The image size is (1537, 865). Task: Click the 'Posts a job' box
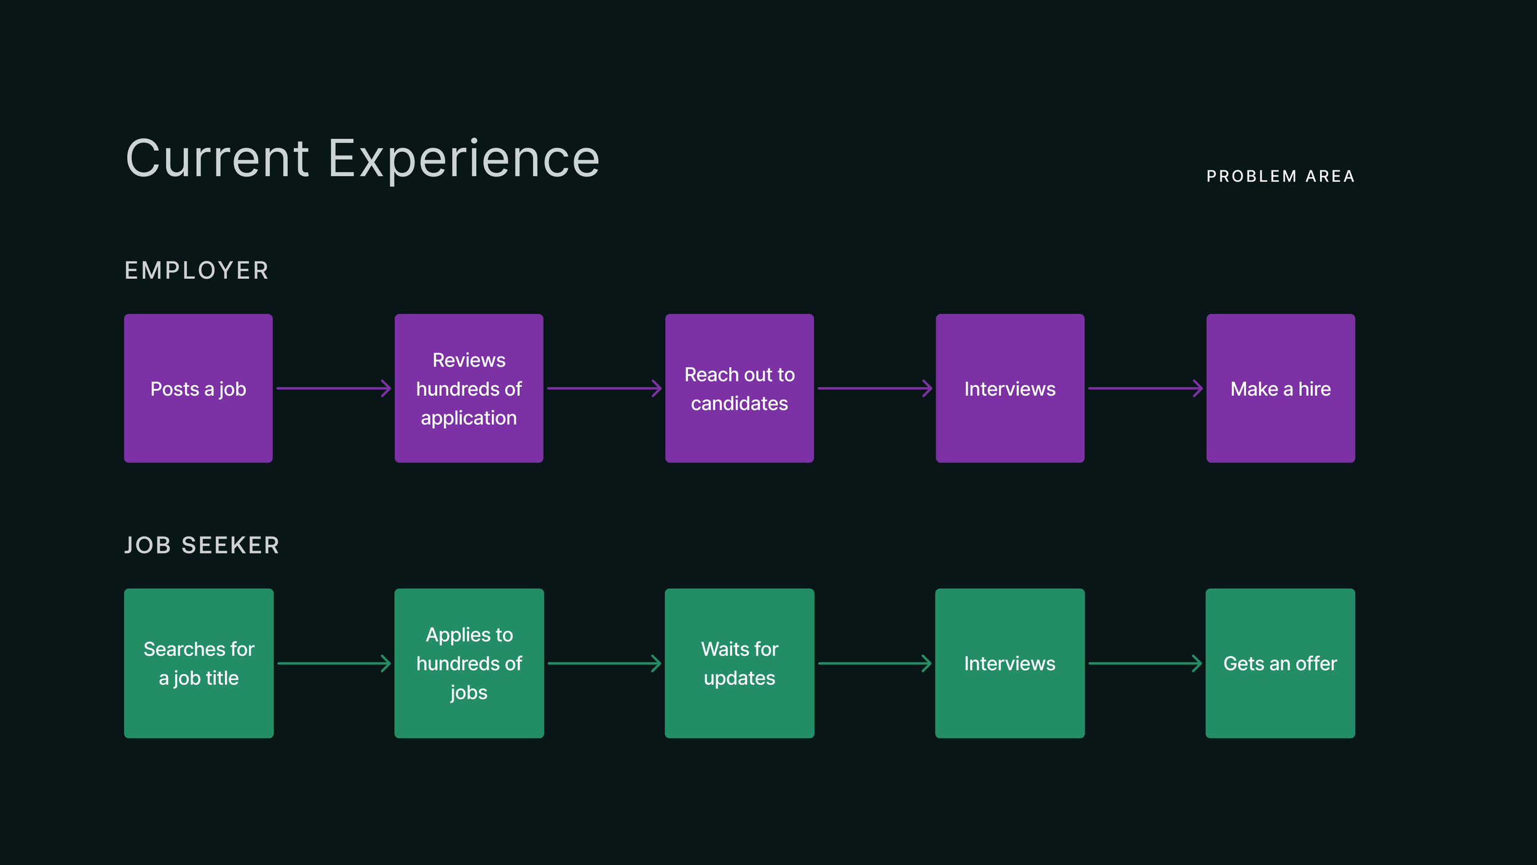tap(198, 388)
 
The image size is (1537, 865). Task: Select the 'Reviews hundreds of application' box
tap(468, 388)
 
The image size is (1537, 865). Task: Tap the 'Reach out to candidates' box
tap(739, 388)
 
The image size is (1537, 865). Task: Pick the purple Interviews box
tap(1010, 388)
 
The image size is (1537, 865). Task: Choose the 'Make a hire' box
tap(1280, 388)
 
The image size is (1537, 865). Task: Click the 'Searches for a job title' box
tap(198, 663)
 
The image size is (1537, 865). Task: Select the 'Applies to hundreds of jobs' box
tap(468, 663)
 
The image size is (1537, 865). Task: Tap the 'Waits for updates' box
tap(739, 663)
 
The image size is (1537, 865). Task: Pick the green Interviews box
tap(1010, 663)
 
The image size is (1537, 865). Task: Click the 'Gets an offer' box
tap(1280, 663)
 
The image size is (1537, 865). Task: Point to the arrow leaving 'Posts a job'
tap(333, 388)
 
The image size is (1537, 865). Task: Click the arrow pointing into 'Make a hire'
tap(1145, 388)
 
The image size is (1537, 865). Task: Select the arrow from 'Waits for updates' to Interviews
tap(874, 663)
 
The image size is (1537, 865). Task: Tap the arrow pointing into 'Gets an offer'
tap(1145, 663)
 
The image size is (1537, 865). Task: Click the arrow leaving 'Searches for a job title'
tap(333, 663)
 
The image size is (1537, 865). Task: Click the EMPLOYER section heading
tap(197, 271)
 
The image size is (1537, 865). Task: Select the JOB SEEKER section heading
tap(202, 545)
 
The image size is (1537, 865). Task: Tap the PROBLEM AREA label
tap(1280, 177)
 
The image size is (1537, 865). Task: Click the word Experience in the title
tap(464, 159)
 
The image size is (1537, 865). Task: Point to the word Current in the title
tap(217, 159)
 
